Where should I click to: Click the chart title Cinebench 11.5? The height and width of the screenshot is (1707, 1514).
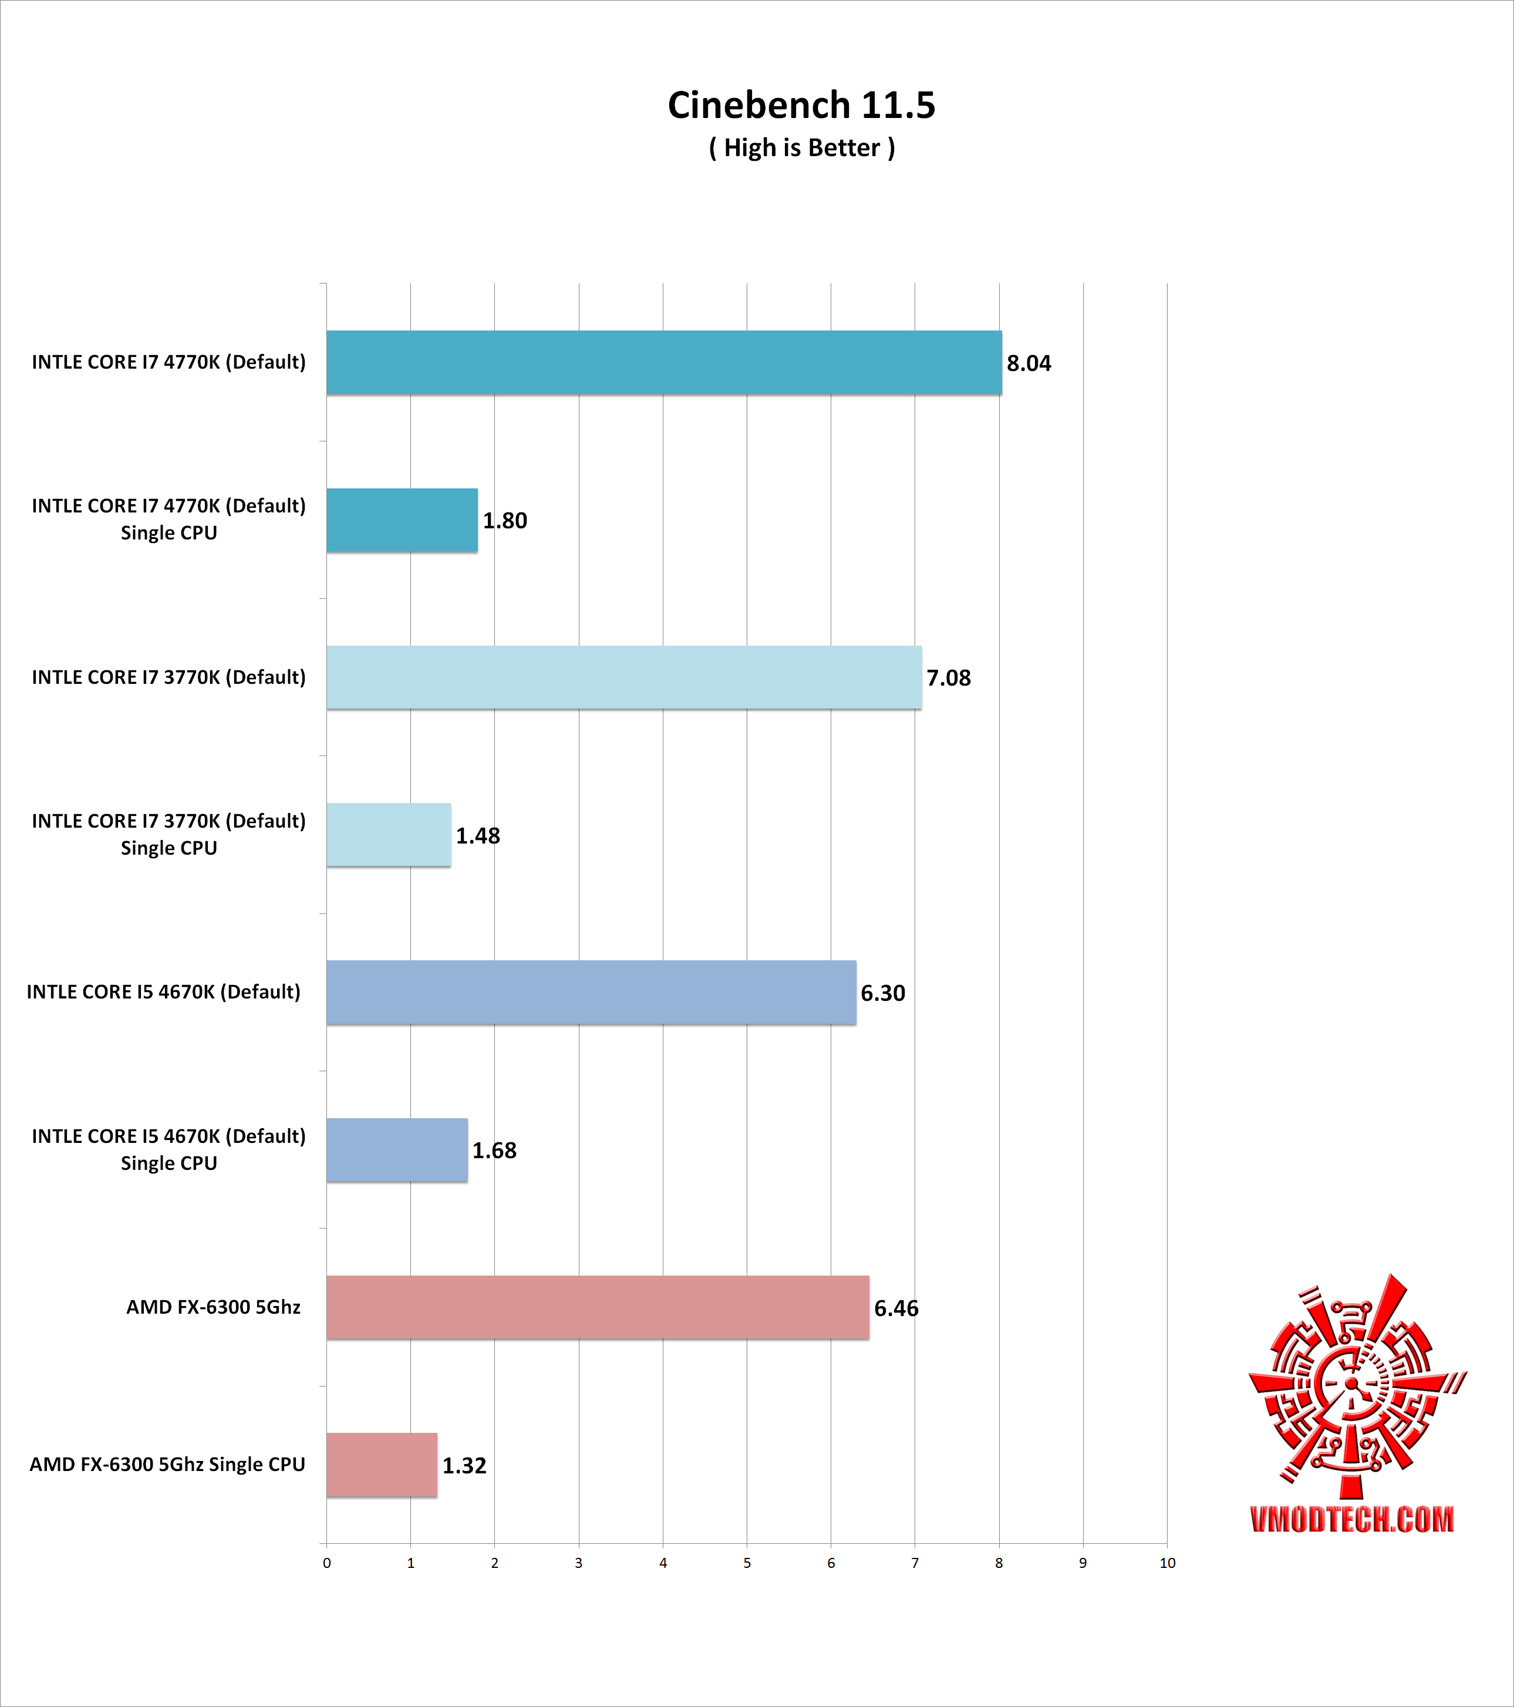click(x=801, y=105)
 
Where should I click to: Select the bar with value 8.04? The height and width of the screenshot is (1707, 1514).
click(x=664, y=362)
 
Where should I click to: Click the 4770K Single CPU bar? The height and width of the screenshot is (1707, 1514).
click(x=402, y=520)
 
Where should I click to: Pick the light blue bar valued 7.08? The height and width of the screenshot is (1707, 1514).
click(x=624, y=677)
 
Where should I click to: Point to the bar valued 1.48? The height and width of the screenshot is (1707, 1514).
click(x=388, y=835)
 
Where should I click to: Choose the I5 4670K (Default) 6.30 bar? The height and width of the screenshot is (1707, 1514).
click(x=591, y=992)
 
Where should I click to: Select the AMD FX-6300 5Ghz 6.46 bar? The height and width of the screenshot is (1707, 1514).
click(x=598, y=1308)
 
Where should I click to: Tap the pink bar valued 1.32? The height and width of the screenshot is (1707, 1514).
click(x=382, y=1465)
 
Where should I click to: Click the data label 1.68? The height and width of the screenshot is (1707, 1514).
click(x=494, y=1151)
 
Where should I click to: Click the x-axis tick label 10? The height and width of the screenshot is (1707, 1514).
click(x=1166, y=1563)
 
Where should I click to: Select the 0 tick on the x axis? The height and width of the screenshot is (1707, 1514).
click(x=326, y=1563)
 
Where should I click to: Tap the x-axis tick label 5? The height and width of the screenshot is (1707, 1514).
click(x=747, y=1563)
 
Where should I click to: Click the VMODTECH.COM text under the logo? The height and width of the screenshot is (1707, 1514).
click(x=1352, y=1520)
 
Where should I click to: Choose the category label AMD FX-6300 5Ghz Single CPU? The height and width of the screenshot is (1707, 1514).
click(x=167, y=1465)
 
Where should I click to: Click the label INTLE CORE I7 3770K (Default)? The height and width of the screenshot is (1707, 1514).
click(x=168, y=677)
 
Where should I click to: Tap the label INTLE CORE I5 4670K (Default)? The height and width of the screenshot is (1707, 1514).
click(x=164, y=992)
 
